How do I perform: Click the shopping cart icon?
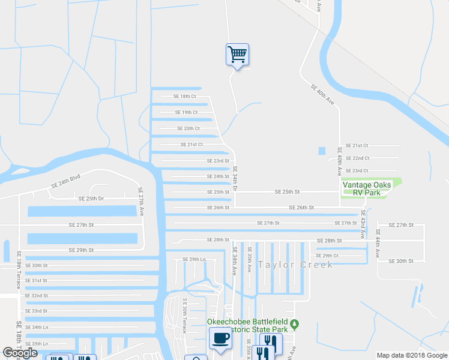pos(238,55)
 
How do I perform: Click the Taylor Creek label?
pos(295,265)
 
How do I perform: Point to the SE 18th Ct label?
pos(185,96)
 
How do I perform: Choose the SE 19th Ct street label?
pos(186,112)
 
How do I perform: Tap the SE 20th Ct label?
pos(188,128)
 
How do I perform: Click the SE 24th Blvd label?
pos(66,182)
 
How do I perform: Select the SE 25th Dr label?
pos(91,198)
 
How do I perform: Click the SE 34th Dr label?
pos(235,179)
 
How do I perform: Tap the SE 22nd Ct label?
pos(357,158)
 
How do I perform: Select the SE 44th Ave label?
pos(378,244)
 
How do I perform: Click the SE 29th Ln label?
pos(194,259)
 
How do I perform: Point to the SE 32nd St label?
pos(36,296)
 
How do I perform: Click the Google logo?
pos(20,353)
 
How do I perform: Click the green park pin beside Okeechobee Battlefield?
pos(294,325)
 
